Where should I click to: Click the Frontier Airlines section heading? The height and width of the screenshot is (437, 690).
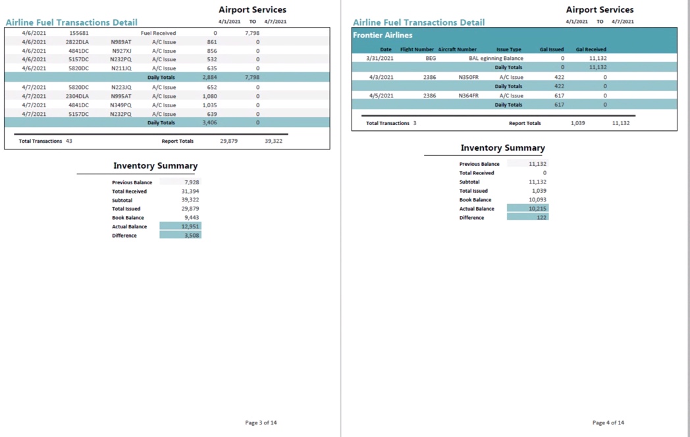pos(383,35)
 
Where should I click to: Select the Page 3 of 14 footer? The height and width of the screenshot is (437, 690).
pos(261,423)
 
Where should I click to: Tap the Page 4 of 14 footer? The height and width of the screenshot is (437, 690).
pos(608,423)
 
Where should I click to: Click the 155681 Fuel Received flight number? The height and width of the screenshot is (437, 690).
pos(78,33)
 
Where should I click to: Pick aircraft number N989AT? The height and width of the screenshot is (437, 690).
pos(120,42)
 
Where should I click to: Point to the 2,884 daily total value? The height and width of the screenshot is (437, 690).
pos(209,77)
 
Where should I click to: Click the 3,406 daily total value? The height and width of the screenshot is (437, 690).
pos(209,122)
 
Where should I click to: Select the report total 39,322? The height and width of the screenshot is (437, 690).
pos(273,141)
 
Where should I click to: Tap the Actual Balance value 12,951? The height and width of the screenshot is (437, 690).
pos(190,226)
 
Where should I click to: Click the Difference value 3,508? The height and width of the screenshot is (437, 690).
pos(192,235)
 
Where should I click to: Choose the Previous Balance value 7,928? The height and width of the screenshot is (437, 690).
pos(192,182)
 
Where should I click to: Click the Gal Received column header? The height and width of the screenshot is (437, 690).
pos(591,49)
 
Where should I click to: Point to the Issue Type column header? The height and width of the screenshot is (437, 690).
pos(508,49)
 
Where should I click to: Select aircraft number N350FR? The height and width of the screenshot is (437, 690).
pos(468,77)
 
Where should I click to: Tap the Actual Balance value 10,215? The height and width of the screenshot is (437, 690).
pos(537,209)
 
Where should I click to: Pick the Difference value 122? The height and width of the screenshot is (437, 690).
pos(541,217)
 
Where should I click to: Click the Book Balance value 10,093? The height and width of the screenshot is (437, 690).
pos(537,199)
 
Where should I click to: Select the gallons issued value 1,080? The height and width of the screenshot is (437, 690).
pos(209,96)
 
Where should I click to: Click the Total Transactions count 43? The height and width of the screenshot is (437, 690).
pos(69,141)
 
